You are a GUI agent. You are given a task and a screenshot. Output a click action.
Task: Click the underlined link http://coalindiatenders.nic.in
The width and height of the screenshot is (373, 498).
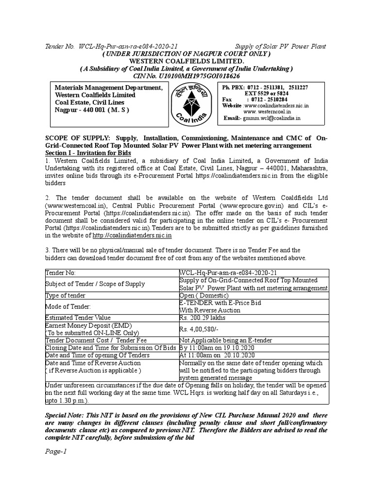[132, 235]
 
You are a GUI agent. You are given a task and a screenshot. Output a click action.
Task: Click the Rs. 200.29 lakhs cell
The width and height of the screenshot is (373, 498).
[203, 318]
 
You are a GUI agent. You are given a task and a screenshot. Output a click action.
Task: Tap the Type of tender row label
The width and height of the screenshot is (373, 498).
[66, 295]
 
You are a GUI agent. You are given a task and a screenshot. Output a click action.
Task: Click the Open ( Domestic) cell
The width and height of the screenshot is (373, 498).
[203, 295]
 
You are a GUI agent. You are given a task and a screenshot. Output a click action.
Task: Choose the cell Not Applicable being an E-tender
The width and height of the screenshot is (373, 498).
[226, 340]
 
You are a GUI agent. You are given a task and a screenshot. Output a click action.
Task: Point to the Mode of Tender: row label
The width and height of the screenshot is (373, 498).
[67, 306]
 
